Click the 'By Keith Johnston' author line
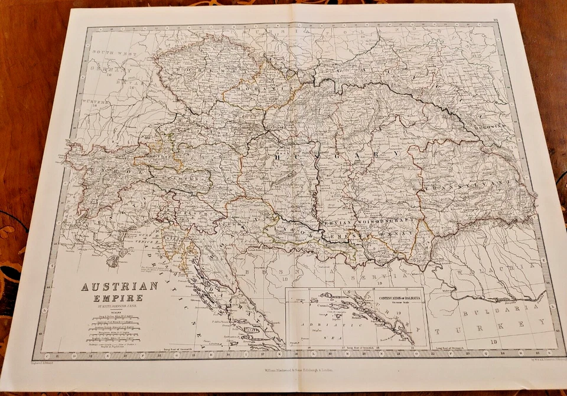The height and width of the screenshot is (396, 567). tap(113, 307)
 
